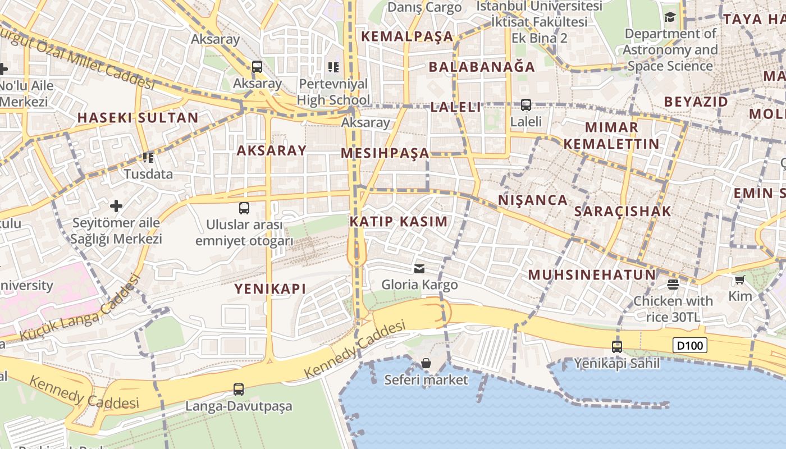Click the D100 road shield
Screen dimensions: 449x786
tap(689, 345)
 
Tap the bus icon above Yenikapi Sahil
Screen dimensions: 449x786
tap(617, 346)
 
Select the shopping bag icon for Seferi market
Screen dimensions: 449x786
tap(426, 363)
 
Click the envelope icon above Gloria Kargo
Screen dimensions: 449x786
tap(419, 268)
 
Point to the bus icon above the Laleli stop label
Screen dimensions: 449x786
tap(526, 104)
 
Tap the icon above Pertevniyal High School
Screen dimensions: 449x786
tap(333, 67)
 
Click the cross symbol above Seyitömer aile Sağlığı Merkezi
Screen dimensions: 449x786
tap(116, 206)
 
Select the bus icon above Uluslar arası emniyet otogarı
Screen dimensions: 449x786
tap(244, 208)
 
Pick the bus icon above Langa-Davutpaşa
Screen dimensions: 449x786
tap(239, 389)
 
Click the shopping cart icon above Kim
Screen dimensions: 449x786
tap(740, 279)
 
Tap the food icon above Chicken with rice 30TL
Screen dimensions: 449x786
tap(673, 284)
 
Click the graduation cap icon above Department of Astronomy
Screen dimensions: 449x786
tap(670, 17)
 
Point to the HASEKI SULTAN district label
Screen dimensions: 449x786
tap(138, 118)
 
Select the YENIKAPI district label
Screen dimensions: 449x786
tap(270, 289)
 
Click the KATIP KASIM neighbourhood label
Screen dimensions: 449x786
tap(399, 222)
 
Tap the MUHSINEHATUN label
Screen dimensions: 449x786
tap(592, 275)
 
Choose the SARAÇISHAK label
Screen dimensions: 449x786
tap(623, 212)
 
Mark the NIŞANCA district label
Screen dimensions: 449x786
tap(533, 200)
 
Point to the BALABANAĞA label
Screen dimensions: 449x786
tap(482, 67)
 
